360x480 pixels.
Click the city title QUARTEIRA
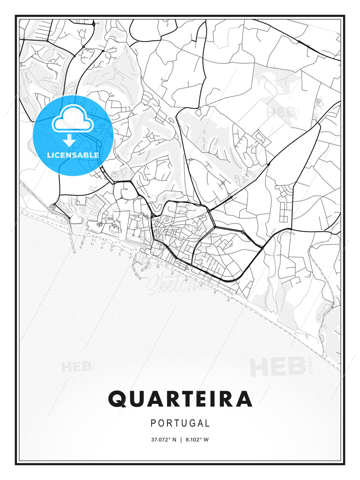[x=180, y=399]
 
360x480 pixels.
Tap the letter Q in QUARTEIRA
[x=117, y=399]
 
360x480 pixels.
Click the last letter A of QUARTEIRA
[x=243, y=399]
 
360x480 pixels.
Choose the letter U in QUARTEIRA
[x=136, y=399]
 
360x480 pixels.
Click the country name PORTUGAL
[x=180, y=423]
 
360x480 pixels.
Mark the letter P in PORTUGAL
[x=153, y=423]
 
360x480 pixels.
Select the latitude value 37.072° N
[x=164, y=440]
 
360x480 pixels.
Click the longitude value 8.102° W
[x=197, y=440]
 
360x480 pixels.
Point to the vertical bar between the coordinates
[x=181, y=440]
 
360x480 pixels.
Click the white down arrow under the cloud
[x=70, y=140]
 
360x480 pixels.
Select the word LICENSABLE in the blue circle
[x=73, y=155]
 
